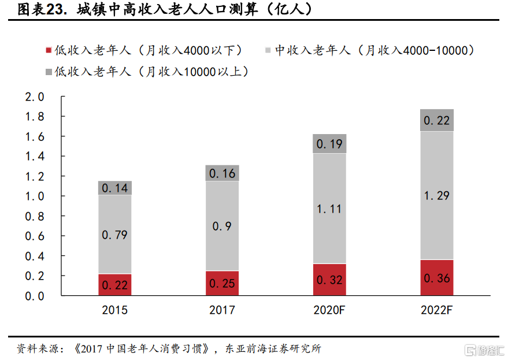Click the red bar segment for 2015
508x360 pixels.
114,284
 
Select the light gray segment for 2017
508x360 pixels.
222,225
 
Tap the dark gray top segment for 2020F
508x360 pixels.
329,144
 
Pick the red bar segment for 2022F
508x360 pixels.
437,277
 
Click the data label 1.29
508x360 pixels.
437,196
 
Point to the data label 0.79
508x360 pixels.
114,235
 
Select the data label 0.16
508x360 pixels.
222,173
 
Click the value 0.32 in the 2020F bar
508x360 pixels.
329,280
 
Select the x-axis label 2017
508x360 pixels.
222,310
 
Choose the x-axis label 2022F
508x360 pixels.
437,310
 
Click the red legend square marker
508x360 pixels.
49,51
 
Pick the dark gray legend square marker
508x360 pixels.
49,72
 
